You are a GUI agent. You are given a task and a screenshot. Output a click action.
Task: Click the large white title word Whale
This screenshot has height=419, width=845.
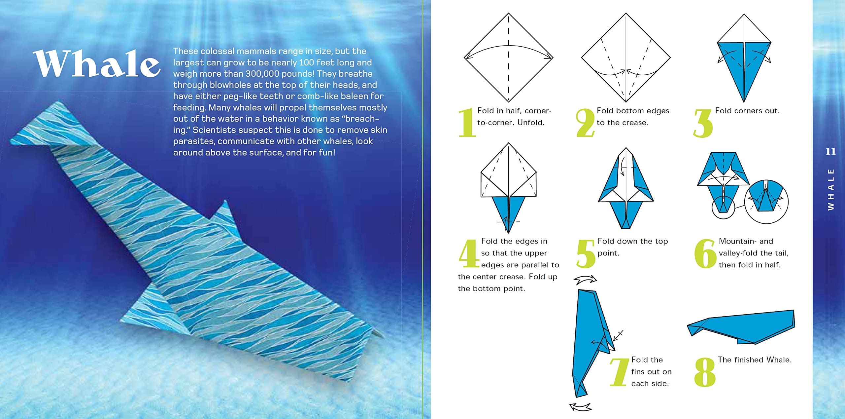coord(97,64)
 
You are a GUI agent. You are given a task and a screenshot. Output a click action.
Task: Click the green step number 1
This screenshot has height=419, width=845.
coord(467,123)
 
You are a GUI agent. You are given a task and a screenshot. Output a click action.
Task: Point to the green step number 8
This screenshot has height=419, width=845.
coord(705,372)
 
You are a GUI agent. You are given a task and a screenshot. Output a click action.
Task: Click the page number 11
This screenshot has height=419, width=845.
coord(830,152)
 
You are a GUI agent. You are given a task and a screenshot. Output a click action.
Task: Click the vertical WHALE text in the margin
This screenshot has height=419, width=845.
coord(831,189)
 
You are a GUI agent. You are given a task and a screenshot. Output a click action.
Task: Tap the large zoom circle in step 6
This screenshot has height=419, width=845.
coord(766,202)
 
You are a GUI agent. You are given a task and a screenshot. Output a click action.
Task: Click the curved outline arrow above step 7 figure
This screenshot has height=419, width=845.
coord(585,280)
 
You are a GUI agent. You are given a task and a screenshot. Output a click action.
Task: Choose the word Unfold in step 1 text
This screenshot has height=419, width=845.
coord(531,123)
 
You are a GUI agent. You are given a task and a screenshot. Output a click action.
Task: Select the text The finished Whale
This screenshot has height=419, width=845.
coord(755,360)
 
